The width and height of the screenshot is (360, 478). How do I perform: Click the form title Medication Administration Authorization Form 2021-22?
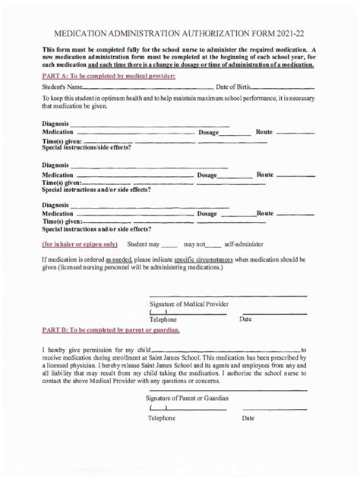coord(179,35)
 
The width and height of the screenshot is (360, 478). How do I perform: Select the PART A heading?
coord(109,77)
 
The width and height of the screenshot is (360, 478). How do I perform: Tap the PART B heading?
coord(111,331)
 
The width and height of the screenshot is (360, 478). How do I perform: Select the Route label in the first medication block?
coord(264,132)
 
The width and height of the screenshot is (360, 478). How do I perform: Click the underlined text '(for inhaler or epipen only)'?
coord(80,244)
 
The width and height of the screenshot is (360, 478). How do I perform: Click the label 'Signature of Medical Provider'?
coord(189,304)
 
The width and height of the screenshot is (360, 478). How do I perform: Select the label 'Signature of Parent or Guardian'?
coord(187,398)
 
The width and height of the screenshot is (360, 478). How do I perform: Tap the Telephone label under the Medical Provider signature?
coord(163,319)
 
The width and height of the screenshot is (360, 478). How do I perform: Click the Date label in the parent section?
coord(248,418)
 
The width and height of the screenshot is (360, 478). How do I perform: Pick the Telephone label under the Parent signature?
coord(161,418)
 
